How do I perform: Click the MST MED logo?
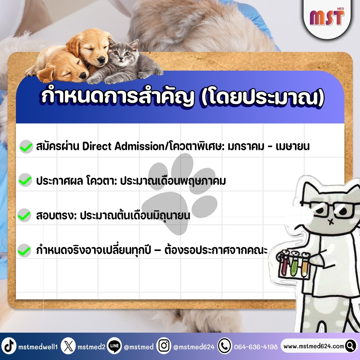tap(327, 17)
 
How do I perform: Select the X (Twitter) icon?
tap(68, 346)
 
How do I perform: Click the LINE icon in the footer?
tap(114, 346)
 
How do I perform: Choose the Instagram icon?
tap(164, 346)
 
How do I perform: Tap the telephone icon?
tap(225, 346)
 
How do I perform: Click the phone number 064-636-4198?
tap(256, 346)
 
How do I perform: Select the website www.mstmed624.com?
tap(314, 346)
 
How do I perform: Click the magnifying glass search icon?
tap(351, 346)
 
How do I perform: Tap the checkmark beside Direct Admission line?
tap(26, 146)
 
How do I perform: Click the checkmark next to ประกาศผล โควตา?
tap(25, 180)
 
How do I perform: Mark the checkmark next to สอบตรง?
tap(24, 215)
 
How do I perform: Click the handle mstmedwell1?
tap(38, 346)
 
